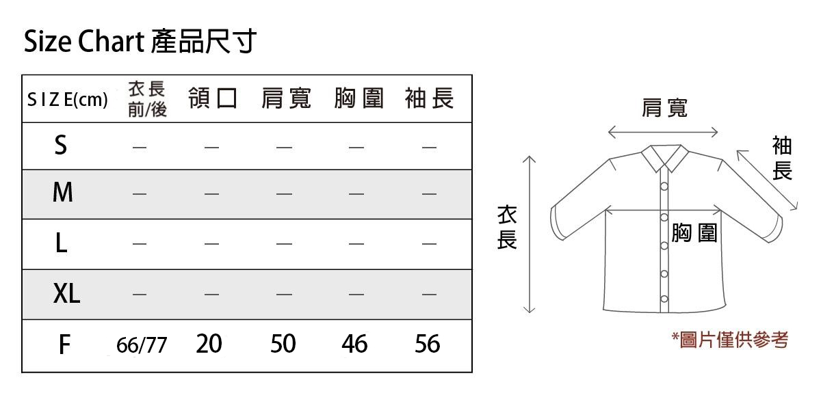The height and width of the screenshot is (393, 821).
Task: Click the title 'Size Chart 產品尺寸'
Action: coord(140,41)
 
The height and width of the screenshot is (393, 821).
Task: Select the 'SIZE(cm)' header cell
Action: coord(68,100)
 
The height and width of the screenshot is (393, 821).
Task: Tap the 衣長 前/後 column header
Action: coord(147,99)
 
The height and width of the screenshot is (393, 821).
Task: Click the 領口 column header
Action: coord(213,98)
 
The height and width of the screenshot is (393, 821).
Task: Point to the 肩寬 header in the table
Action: coord(286,98)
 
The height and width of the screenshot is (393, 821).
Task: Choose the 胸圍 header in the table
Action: coord(359,98)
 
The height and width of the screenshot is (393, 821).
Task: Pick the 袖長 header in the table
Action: coord(429,98)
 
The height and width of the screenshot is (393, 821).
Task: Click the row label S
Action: coord(61,145)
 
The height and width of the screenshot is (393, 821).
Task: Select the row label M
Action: coord(63,192)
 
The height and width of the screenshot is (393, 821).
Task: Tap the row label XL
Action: coord(66,293)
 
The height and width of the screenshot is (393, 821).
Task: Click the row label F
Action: coord(64,344)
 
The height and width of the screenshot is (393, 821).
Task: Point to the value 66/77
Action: coord(142,345)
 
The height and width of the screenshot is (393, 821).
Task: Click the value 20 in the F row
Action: coord(209,344)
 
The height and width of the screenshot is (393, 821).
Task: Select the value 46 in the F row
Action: coord(354,344)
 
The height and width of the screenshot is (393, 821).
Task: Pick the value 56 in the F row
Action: coord(428,344)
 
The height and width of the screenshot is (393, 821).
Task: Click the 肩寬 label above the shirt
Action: coord(664,108)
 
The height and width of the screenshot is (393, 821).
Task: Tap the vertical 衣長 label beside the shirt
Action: coord(507,228)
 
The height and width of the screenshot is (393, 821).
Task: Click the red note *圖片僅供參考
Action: coord(730,340)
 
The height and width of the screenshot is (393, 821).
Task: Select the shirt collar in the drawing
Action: coord(665,159)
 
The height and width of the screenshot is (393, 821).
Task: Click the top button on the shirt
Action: coord(664,187)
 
